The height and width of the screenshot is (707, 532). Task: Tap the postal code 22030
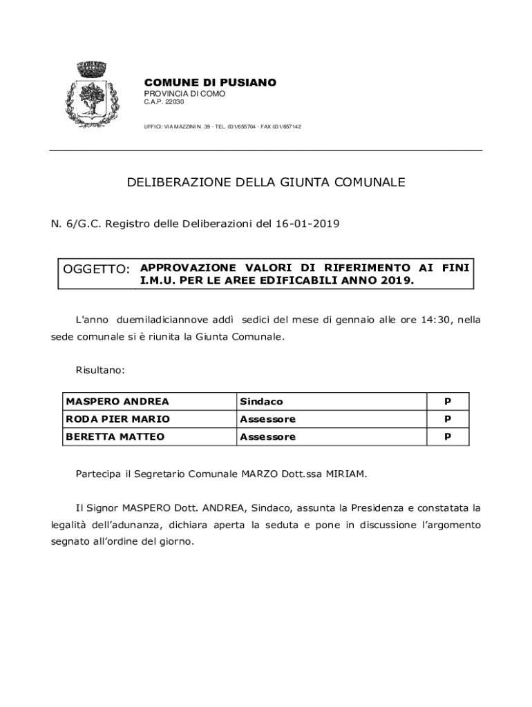[174, 102]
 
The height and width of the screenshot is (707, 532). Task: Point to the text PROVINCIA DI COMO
[184, 93]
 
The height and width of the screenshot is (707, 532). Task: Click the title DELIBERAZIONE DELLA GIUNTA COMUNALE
[266, 182]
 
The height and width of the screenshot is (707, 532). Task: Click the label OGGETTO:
[96, 269]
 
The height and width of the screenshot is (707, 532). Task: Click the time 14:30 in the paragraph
[436, 320]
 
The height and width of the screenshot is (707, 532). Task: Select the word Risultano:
[100, 370]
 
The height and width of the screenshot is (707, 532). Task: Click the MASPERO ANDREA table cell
[117, 402]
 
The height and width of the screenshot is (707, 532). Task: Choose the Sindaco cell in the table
[261, 402]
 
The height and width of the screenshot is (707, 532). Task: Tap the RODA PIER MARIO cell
[117, 419]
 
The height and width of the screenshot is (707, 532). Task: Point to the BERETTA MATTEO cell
[114, 437]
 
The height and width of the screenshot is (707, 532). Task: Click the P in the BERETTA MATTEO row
[447, 437]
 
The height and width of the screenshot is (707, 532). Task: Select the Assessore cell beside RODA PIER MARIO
[267, 419]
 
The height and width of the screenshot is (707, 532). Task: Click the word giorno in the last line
[176, 541]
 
